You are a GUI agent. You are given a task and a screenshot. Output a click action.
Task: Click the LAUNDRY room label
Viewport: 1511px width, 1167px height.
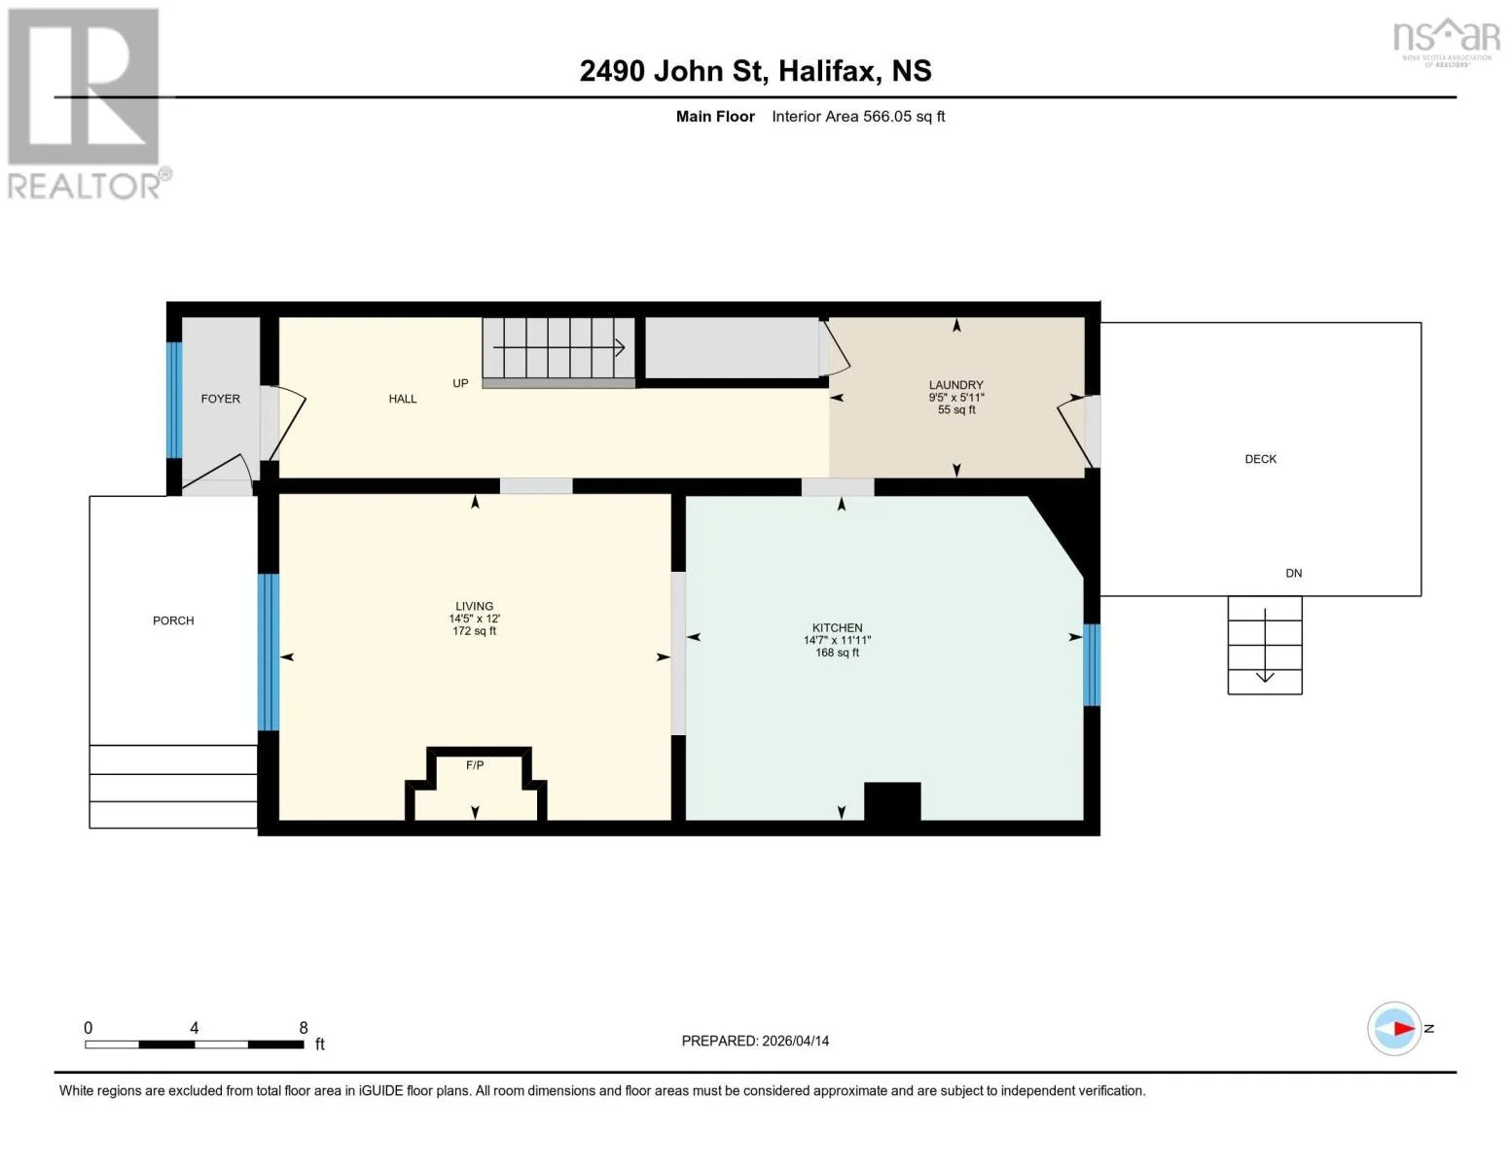[x=955, y=384]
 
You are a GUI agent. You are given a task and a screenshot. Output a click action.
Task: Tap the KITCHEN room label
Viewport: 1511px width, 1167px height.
[x=837, y=627]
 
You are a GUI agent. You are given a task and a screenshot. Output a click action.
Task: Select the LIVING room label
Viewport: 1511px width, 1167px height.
[x=474, y=606]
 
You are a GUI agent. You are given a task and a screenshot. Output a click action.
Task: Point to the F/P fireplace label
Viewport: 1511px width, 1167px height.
[x=475, y=765]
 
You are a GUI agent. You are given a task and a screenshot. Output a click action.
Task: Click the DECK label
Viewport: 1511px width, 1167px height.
[x=1260, y=459]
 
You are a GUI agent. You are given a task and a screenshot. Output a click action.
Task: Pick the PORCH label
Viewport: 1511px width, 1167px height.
[x=173, y=620]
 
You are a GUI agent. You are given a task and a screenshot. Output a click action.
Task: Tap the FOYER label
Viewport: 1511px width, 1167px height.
[x=221, y=399]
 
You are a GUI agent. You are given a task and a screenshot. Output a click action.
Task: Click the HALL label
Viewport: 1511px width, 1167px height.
[x=403, y=399]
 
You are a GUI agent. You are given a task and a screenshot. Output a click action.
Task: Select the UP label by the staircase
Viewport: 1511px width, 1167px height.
[x=460, y=383]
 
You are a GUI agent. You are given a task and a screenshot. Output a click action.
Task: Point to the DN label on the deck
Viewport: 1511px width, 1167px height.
[x=1293, y=574]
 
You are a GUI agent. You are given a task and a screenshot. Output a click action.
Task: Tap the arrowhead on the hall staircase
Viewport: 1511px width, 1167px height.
[x=620, y=347]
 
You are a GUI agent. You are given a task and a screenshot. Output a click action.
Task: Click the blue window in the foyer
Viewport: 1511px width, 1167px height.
[x=174, y=401]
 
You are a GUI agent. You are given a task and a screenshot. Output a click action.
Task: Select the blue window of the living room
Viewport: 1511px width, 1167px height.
[x=269, y=652]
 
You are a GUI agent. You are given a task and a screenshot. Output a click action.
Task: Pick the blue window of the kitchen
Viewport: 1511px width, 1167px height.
[x=1092, y=665]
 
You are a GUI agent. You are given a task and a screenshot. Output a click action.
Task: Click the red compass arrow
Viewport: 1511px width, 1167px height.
[x=1404, y=1028]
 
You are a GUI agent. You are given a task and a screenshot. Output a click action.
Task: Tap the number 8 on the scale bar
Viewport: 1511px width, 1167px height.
[x=304, y=1027]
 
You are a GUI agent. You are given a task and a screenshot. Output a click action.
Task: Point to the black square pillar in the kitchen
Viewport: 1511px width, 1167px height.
[x=892, y=800]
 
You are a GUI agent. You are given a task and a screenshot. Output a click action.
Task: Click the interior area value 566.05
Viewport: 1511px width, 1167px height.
[x=886, y=116]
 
